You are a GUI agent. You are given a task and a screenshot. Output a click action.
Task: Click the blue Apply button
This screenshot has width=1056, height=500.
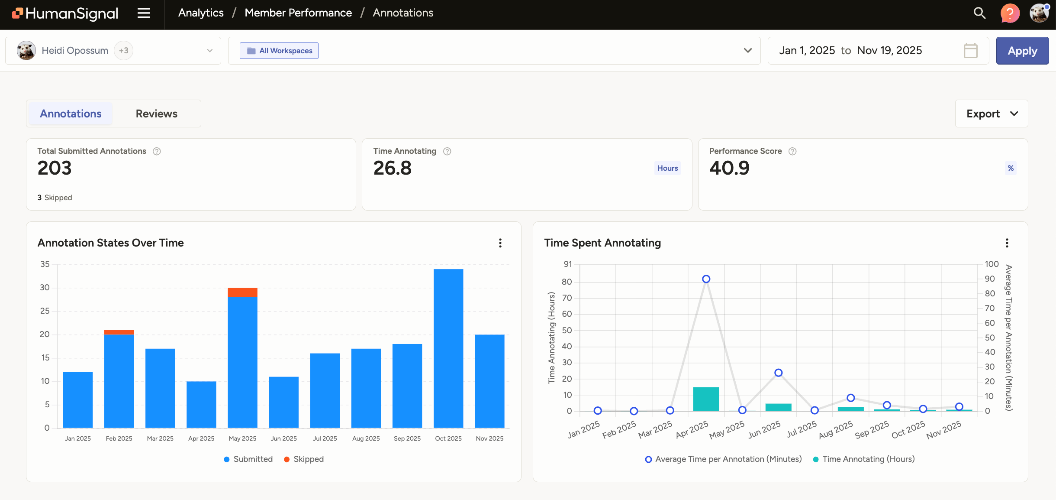pyautogui.click(x=1022, y=51)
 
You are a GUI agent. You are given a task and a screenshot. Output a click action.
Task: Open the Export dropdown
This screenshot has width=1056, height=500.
pyautogui.click(x=991, y=114)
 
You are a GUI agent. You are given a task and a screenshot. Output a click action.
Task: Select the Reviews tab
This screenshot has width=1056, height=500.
pyautogui.click(x=156, y=114)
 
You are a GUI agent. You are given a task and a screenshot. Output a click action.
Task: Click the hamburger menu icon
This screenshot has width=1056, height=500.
pyautogui.click(x=144, y=13)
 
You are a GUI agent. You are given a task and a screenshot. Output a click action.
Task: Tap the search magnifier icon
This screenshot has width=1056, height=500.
pyautogui.click(x=979, y=13)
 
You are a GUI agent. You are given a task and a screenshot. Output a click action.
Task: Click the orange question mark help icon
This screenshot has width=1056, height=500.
pyautogui.click(x=1010, y=13)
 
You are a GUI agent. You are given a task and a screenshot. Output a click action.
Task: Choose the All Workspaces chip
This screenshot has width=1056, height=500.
pyautogui.click(x=279, y=51)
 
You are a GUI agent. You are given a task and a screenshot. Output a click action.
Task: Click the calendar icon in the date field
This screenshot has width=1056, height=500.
pyautogui.click(x=970, y=51)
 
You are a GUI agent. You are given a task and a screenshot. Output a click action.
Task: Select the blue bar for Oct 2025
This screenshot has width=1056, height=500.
pyautogui.click(x=448, y=348)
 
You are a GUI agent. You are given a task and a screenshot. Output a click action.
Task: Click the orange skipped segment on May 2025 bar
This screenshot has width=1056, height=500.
pyautogui.click(x=242, y=292)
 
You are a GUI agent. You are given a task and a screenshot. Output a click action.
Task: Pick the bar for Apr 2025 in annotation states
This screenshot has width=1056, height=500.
pyautogui.click(x=201, y=404)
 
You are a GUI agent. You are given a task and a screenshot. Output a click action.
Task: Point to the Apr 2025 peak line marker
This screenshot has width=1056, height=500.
pyautogui.click(x=706, y=279)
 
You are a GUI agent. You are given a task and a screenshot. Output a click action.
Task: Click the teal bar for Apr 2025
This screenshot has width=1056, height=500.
pyautogui.click(x=706, y=399)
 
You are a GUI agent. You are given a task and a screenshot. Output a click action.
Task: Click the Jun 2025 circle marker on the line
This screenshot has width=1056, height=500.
pyautogui.click(x=778, y=373)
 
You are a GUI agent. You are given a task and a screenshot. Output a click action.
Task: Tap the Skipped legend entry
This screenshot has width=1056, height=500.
pyautogui.click(x=304, y=459)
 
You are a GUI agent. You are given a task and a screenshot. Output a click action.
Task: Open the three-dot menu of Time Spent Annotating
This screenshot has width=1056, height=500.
pyautogui.click(x=1007, y=243)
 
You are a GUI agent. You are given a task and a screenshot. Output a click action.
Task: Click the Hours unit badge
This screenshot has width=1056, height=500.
pyautogui.click(x=667, y=168)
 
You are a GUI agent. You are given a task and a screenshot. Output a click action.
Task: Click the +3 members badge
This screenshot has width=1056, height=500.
pyautogui.click(x=123, y=51)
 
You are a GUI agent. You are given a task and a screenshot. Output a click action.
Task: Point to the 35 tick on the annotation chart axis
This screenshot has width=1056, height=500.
pyautogui.click(x=45, y=264)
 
